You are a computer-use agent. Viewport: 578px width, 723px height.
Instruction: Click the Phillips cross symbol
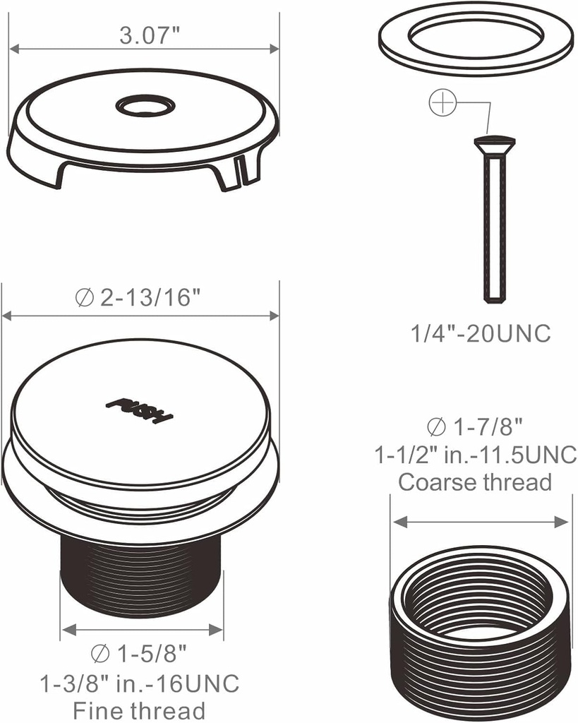tap(442, 104)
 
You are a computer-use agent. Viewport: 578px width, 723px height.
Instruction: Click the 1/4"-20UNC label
tap(481, 333)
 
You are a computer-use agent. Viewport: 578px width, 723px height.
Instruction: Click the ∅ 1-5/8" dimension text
tap(140, 652)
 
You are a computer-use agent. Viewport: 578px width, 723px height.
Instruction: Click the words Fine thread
tap(139, 710)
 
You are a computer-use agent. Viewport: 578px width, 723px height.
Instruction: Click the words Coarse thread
tap(475, 482)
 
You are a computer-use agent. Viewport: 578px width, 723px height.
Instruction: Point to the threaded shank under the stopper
tap(141, 575)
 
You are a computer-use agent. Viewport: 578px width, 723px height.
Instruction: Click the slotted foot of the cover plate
tap(241, 172)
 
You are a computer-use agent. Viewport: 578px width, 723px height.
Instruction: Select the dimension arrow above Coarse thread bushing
tap(480, 522)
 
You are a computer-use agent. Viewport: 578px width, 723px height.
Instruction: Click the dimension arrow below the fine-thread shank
tap(142, 628)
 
